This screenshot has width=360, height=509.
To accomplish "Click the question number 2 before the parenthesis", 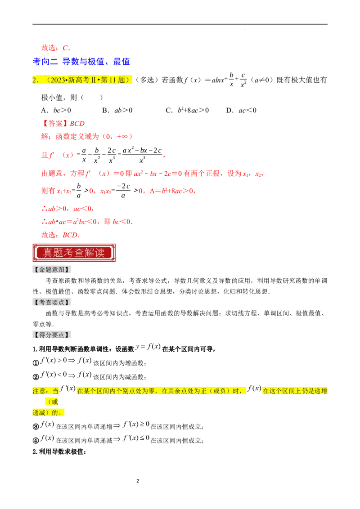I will (x=35, y=80).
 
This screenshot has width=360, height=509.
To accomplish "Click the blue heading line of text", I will (x=81, y=61).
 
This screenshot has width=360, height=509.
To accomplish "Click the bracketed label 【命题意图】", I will (x=52, y=269).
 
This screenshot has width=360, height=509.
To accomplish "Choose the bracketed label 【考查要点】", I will (x=52, y=302).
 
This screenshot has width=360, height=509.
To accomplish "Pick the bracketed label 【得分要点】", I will (x=52, y=335).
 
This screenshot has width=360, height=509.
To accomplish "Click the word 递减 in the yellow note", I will (x=40, y=413).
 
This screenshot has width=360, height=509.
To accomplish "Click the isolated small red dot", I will (x=164, y=156).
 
